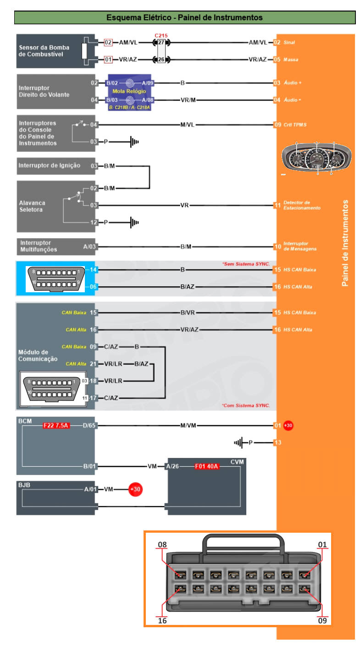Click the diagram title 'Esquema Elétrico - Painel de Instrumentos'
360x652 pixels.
point(184,17)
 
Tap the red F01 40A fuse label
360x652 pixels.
point(207,467)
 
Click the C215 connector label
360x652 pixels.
point(161,35)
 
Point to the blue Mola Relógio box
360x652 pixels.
point(130,92)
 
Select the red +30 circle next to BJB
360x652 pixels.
point(135,489)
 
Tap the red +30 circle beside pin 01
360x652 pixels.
point(288,425)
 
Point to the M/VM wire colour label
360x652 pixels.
point(188,425)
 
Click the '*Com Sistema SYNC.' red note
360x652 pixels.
point(246,406)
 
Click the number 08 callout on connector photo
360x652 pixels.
point(162,545)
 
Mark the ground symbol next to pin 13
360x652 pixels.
point(238,443)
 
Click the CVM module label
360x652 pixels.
point(237,462)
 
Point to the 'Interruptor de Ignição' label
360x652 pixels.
point(49,166)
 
